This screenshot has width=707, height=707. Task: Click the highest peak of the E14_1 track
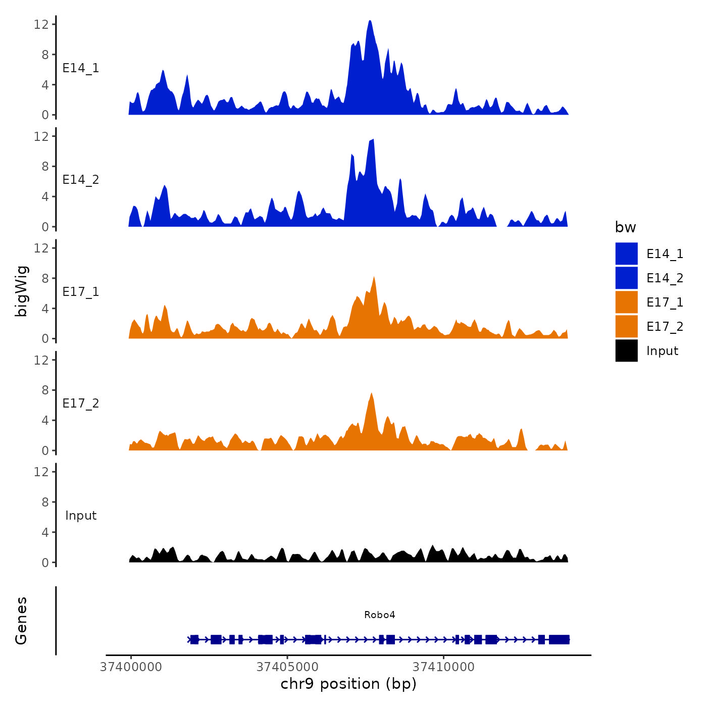coord(370,22)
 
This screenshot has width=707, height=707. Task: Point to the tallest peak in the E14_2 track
coord(373,140)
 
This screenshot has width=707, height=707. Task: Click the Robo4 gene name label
coord(379,615)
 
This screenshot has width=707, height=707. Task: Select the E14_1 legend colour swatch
coord(626,254)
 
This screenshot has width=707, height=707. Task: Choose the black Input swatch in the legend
coord(626,350)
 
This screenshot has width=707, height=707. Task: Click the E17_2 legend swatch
coord(626,326)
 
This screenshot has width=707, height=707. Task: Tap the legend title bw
coord(625,227)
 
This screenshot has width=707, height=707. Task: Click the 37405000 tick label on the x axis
coord(287,667)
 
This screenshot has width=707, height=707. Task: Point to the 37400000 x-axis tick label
coord(131,667)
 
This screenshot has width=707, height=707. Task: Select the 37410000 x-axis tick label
coord(443,667)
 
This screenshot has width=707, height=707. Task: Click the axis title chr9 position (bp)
coord(348,684)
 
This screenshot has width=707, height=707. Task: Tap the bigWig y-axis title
coord(22,291)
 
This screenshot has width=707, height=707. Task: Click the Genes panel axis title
coord(21,621)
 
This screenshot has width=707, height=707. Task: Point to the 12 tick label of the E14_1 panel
coord(41,24)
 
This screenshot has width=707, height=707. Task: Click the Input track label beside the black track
coord(81,516)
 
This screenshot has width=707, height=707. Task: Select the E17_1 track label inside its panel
coord(81,292)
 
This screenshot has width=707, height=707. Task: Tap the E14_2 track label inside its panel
coord(81,180)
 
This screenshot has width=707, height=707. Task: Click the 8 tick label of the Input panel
coord(45,502)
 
